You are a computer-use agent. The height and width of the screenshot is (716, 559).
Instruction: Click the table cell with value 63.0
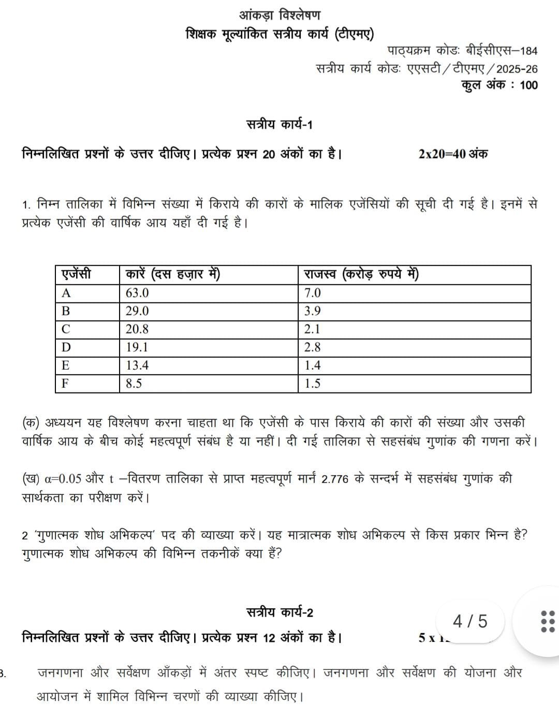[x=137, y=293]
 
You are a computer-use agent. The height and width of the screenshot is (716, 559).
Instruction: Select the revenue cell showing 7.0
[x=313, y=293]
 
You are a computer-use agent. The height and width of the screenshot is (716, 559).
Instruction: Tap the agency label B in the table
[x=66, y=311]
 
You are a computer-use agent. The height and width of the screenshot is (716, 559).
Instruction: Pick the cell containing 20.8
[x=137, y=329]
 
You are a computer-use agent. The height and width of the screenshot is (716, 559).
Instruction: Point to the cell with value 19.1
[x=137, y=347]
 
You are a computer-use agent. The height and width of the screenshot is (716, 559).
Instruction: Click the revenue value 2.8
[x=313, y=347]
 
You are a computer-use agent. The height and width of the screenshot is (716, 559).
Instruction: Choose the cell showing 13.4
[x=137, y=366]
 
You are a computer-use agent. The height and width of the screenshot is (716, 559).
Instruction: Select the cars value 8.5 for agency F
[x=134, y=384]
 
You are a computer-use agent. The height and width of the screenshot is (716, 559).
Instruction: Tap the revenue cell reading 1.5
[x=313, y=384]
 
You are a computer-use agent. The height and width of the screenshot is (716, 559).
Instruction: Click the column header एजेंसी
[x=76, y=274]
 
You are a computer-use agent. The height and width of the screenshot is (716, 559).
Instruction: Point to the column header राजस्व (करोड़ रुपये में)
[x=361, y=274]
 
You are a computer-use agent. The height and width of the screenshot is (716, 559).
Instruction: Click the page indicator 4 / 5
[x=470, y=621]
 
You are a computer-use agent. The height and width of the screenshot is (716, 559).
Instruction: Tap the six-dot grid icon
[x=547, y=621]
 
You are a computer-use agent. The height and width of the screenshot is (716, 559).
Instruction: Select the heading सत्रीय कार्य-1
[x=279, y=125]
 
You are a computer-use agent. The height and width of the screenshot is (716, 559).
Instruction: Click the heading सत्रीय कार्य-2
[x=279, y=612]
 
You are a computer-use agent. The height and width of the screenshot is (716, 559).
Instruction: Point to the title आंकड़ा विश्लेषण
[x=279, y=14]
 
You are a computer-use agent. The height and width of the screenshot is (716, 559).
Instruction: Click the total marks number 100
[x=528, y=85]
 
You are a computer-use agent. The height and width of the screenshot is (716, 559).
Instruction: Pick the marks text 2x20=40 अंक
[x=453, y=154]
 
